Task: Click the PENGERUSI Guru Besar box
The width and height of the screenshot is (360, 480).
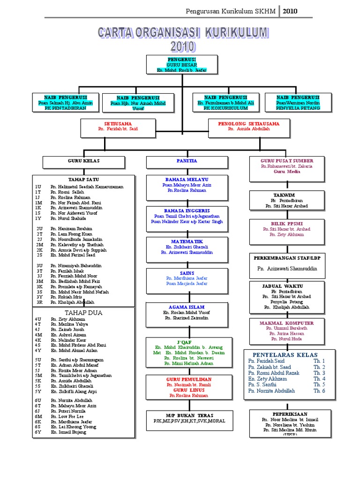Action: (x=182, y=64)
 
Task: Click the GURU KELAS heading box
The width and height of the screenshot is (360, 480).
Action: (x=85, y=162)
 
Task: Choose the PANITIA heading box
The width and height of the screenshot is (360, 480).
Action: (x=187, y=162)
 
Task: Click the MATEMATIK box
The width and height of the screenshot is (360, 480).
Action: (x=187, y=247)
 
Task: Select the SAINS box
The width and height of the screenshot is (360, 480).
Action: (x=187, y=278)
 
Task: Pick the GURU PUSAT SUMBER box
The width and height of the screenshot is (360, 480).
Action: (x=287, y=168)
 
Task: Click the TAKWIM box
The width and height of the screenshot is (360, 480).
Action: (x=287, y=200)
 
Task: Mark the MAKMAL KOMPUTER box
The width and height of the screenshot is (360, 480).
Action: (x=287, y=331)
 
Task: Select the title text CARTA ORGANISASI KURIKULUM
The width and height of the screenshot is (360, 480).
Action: (x=183, y=33)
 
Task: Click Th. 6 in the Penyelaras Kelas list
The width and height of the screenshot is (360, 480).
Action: (x=319, y=390)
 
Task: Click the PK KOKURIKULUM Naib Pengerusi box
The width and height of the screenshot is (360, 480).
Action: (x=225, y=103)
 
